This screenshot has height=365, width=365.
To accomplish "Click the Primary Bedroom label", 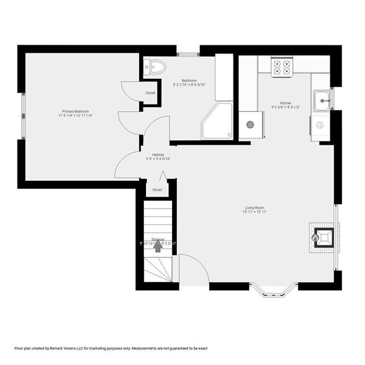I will [x=75, y=111].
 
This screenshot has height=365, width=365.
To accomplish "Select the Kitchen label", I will [x=286, y=103].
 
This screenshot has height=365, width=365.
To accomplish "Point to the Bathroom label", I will [x=189, y=80].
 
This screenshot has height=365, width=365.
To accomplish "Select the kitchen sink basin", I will [x=323, y=100].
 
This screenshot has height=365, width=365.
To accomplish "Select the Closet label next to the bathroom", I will [x=150, y=93].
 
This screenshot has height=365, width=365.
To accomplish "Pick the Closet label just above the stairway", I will [x=158, y=190].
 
